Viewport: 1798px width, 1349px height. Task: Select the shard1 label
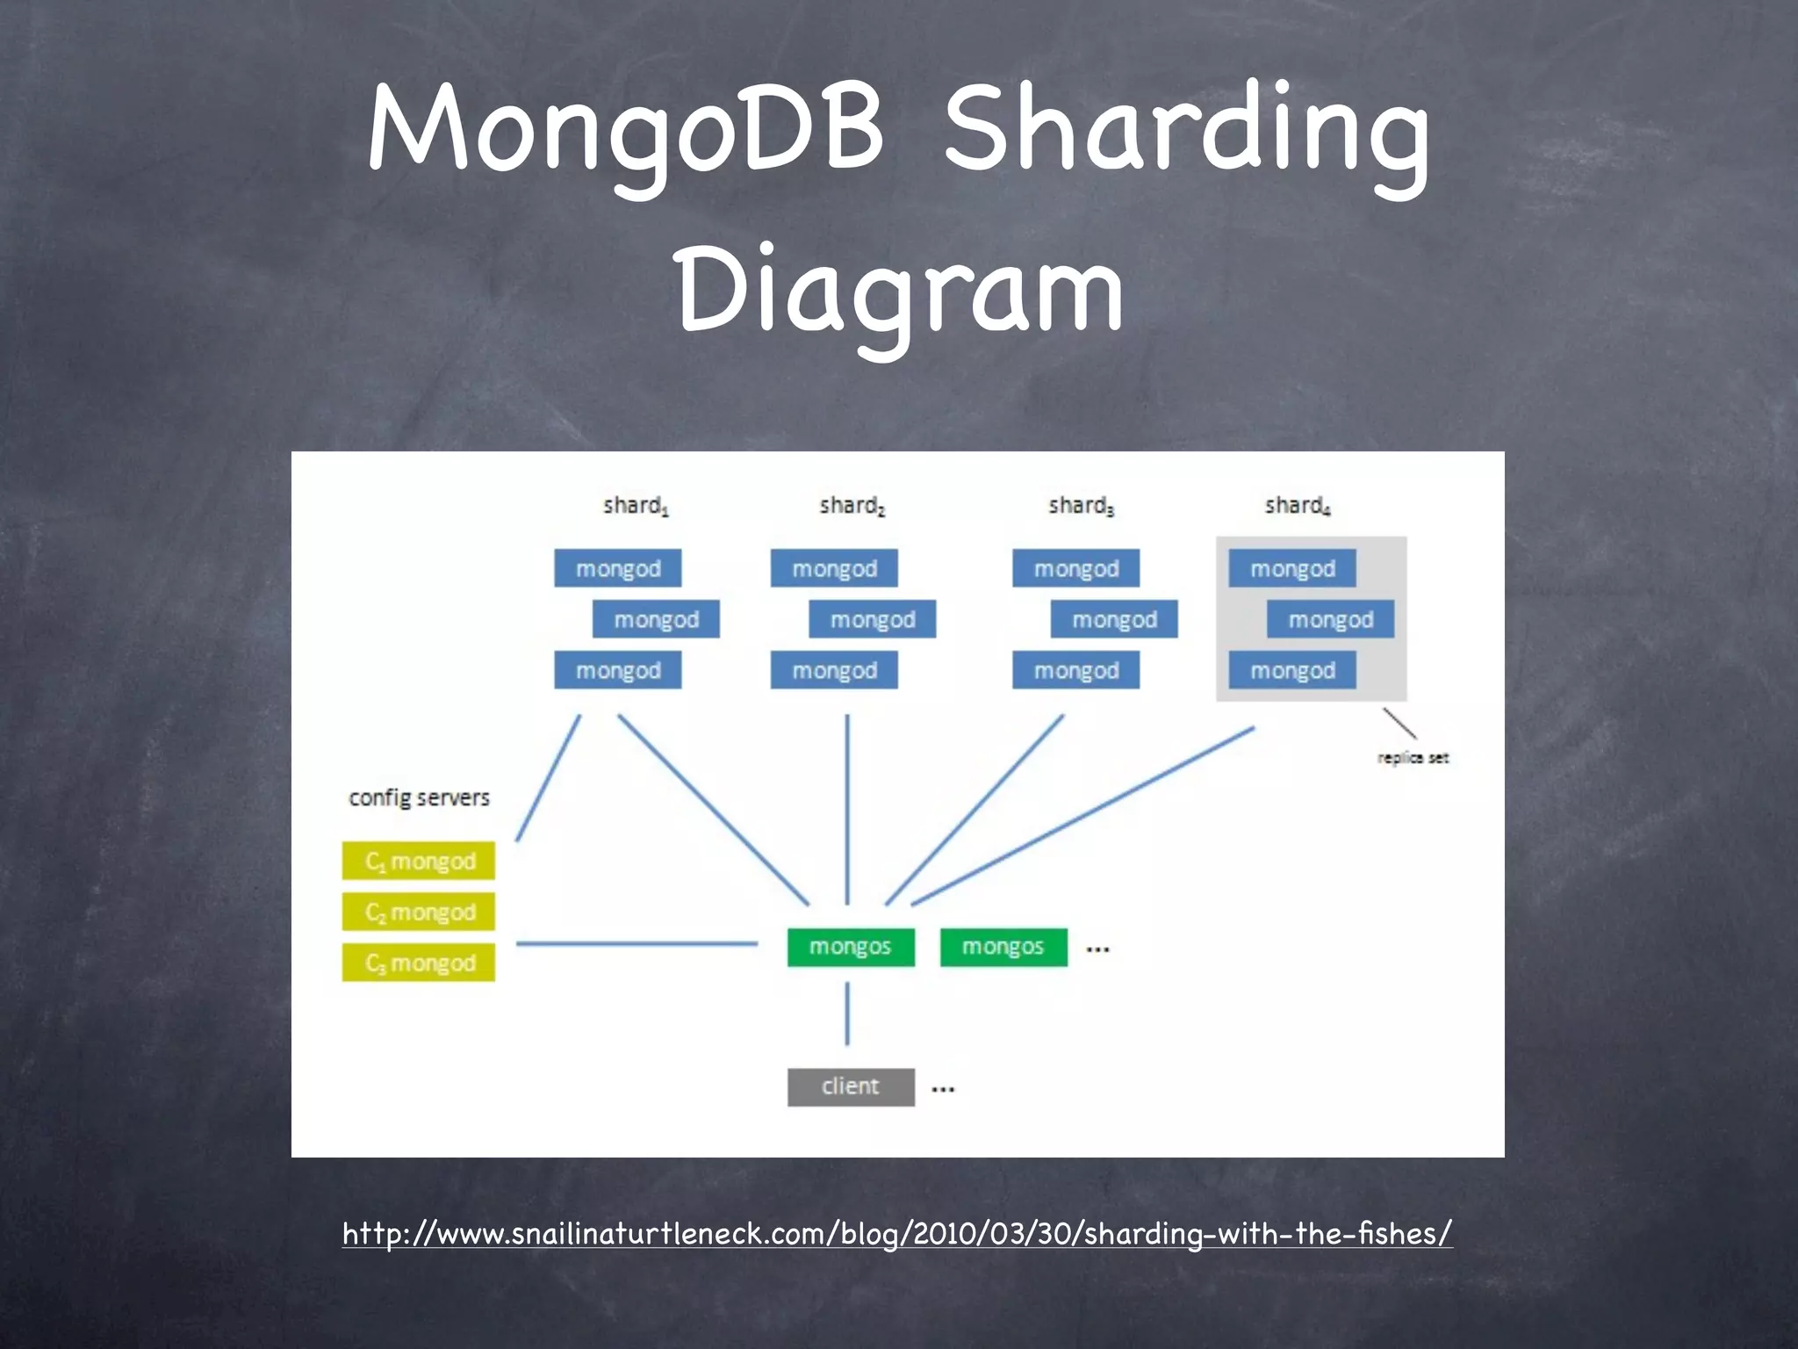point(636,506)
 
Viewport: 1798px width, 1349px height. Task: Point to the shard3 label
point(1081,506)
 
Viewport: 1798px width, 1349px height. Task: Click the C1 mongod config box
point(419,861)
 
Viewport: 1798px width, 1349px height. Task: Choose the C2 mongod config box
point(419,912)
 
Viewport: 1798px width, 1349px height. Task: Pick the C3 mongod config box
point(419,963)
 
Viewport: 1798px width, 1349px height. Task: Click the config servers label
point(419,797)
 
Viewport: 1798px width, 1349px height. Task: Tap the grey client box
point(851,1086)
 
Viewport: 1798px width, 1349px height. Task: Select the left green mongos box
point(851,947)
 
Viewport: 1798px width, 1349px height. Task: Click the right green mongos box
point(1003,947)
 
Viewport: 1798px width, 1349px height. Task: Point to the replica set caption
point(1413,758)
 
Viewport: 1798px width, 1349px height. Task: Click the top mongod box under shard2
point(834,568)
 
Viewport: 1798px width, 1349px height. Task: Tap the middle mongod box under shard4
point(1330,619)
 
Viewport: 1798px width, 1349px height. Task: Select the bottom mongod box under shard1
point(617,670)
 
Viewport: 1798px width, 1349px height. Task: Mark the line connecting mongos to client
point(847,1014)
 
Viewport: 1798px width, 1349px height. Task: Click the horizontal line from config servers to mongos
point(636,944)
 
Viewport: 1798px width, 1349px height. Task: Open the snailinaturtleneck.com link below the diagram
point(897,1233)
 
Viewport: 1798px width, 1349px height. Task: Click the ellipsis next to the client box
point(943,1089)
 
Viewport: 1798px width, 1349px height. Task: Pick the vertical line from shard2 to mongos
point(847,808)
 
